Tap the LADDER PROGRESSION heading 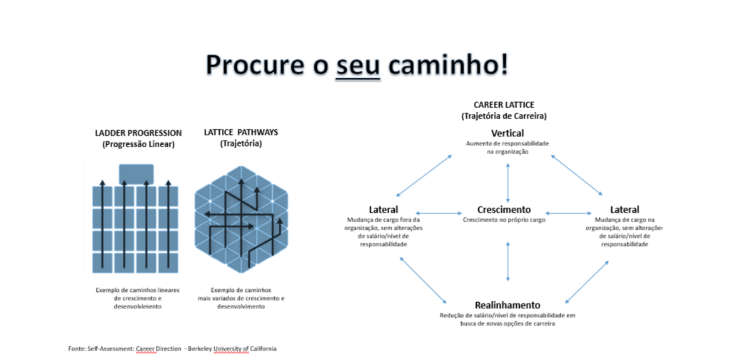pos(138,133)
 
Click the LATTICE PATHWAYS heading pos(230,133)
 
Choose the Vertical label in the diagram pos(508,134)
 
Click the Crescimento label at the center pos(504,210)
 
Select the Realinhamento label pos(508,305)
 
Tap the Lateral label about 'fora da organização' pos(383,210)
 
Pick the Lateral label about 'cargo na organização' pos(625,210)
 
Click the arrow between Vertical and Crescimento pos(508,181)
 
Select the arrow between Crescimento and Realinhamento pos(508,261)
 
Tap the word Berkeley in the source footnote pos(198,348)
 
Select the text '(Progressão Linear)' pos(138,144)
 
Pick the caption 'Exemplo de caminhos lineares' pos(138,289)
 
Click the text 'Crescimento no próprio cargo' pos(504,221)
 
